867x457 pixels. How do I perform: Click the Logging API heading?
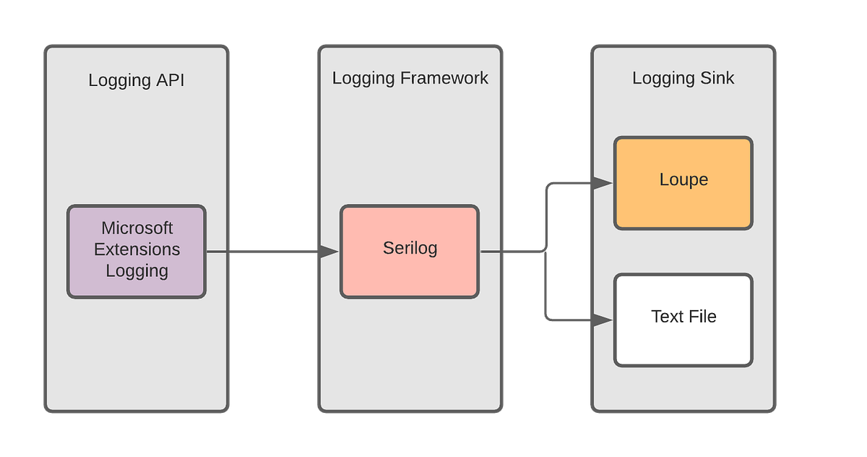pos(137,80)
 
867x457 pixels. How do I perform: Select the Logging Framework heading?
pos(410,78)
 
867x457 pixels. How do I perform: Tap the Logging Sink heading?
pos(683,78)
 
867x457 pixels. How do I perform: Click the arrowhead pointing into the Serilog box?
pos(329,252)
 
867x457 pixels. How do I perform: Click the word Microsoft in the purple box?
pos(137,228)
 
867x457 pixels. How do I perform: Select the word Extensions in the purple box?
pos(137,249)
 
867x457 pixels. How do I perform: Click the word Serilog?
pos(410,249)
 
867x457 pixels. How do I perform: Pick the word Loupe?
pos(683,179)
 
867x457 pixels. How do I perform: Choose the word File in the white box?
pos(701,317)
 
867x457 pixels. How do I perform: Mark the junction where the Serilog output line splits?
pos(545,252)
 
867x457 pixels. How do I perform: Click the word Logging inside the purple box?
pos(137,271)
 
